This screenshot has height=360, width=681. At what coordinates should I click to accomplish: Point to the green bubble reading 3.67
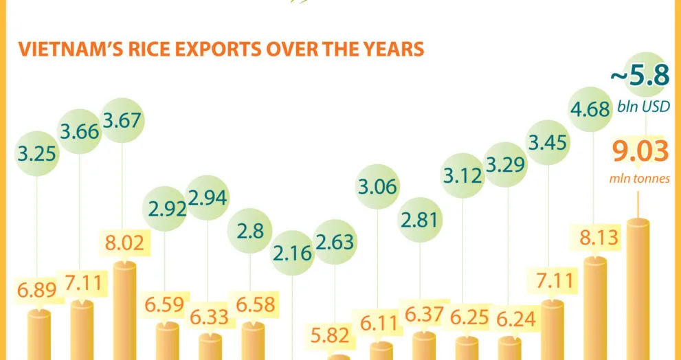pyautogui.click(x=122, y=120)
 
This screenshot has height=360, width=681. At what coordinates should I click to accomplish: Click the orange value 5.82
pyautogui.click(x=335, y=335)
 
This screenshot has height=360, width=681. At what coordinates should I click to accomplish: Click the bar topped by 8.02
pyautogui.click(x=124, y=313)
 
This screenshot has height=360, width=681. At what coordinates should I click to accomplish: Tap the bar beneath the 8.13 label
pyautogui.click(x=595, y=309)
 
